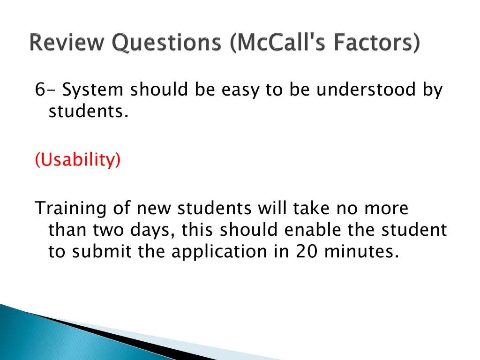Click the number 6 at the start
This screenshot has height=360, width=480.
[39, 90]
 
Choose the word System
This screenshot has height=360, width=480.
[93, 90]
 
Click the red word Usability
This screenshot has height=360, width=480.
[78, 160]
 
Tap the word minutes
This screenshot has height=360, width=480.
[362, 252]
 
